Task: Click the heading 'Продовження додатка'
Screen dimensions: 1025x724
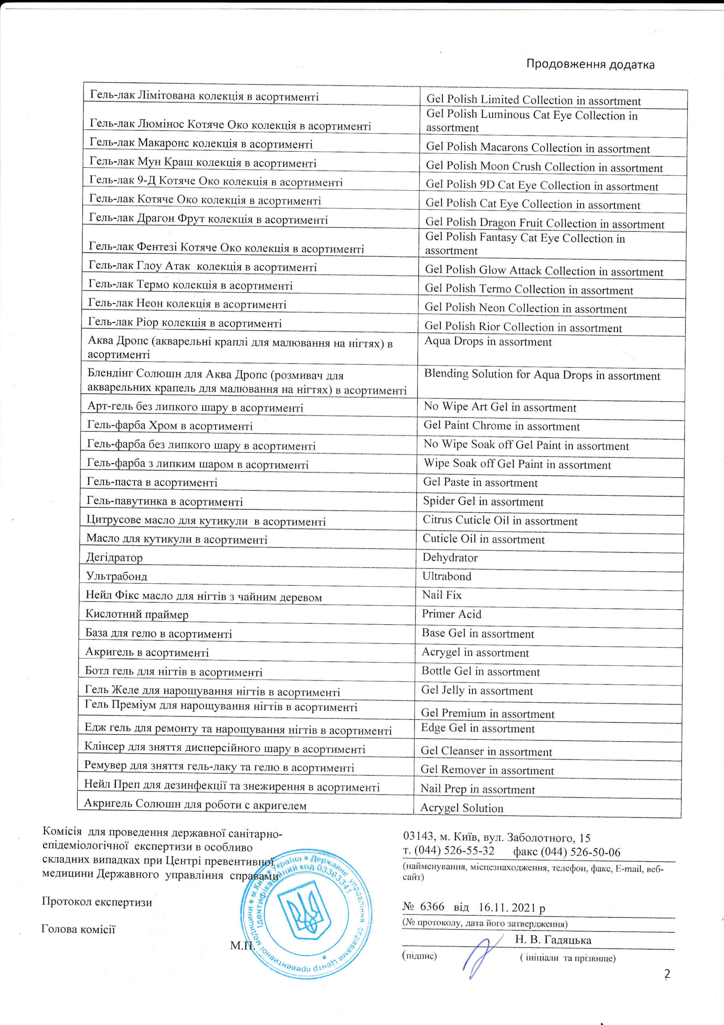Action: click(x=590, y=64)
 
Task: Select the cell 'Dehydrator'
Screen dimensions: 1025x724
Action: click(x=450, y=558)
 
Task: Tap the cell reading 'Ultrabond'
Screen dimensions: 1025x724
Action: click(x=446, y=576)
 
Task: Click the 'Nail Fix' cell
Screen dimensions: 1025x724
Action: click(x=442, y=595)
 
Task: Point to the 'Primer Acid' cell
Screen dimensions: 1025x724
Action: click(x=452, y=614)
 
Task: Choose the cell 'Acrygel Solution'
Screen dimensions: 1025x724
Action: click(x=462, y=808)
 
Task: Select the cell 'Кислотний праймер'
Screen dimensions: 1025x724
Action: click(x=137, y=614)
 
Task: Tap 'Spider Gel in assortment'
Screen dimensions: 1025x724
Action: click(x=483, y=501)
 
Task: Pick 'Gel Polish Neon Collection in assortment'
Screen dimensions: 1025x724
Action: click(x=526, y=308)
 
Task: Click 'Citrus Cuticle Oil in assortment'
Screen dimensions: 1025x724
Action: click(x=500, y=521)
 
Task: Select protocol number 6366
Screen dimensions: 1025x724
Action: click(x=432, y=907)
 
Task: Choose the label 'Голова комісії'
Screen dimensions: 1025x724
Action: click(x=78, y=929)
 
